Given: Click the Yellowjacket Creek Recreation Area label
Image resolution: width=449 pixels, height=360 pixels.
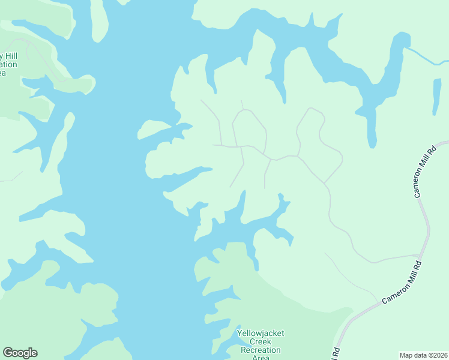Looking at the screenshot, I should pyautogui.click(x=260, y=345).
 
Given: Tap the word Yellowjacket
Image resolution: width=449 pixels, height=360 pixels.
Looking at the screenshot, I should pyautogui.click(x=260, y=333).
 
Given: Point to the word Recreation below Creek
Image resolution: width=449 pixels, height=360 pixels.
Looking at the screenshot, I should pyautogui.click(x=260, y=350).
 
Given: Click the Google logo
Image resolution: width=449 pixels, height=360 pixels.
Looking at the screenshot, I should pyautogui.click(x=20, y=353).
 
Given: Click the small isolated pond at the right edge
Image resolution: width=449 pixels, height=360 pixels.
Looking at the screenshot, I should pyautogui.click(x=437, y=96).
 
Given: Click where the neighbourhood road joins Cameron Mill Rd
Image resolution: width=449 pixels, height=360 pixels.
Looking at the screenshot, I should pyautogui.click(x=419, y=255).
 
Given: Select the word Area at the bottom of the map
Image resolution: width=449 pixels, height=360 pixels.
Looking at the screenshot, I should pyautogui.click(x=260, y=358).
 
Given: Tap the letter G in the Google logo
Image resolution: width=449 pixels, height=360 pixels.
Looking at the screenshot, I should pyautogui.click(x=8, y=353).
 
